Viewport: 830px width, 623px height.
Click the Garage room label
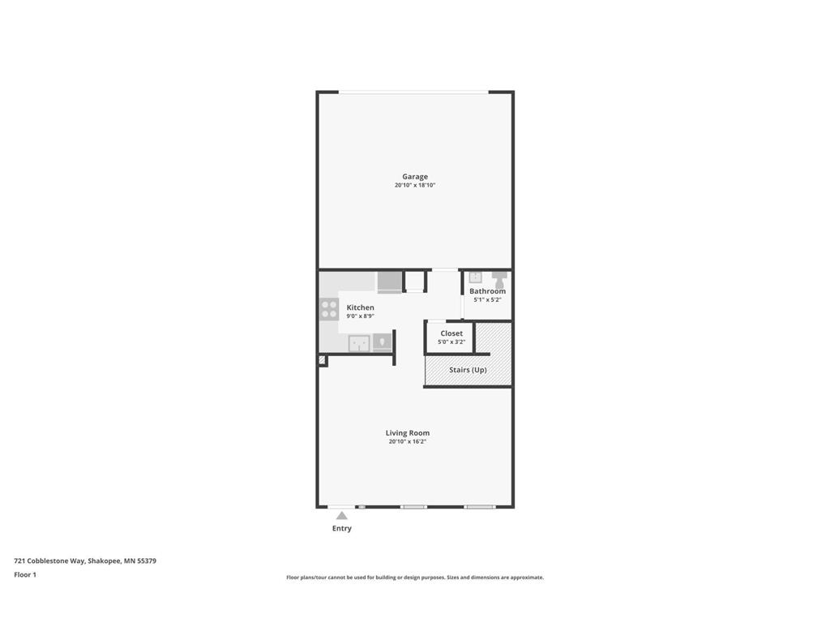[415, 176]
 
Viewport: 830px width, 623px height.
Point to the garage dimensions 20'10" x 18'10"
[415, 186]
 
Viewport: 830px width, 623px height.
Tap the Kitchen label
[361, 307]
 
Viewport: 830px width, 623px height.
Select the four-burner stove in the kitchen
[329, 309]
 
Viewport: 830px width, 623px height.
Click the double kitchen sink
[359, 343]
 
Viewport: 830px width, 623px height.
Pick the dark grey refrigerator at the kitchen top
[390, 281]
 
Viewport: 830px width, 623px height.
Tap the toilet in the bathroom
[499, 279]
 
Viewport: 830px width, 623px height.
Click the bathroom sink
[475, 277]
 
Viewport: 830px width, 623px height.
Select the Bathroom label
[487, 291]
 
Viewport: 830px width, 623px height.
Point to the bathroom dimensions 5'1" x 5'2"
[487, 300]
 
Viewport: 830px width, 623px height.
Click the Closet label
[451, 333]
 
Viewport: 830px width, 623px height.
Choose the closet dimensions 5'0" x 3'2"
[451, 342]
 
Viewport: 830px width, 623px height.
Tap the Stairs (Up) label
[468, 370]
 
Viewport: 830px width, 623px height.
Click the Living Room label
[408, 433]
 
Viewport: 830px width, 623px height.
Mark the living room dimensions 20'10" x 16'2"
[408, 441]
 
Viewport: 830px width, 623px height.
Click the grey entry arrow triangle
[342, 515]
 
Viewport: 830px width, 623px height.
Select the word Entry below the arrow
[342, 528]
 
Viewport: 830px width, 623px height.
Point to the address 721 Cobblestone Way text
[49, 561]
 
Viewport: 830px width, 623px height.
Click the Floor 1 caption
[25, 575]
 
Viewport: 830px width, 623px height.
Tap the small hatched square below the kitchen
[322, 360]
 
